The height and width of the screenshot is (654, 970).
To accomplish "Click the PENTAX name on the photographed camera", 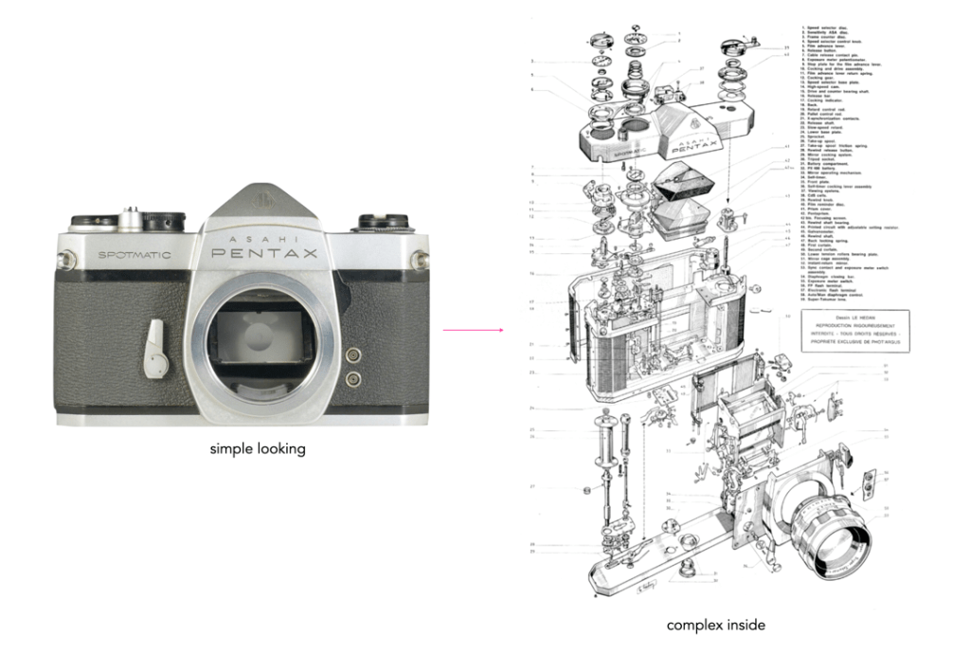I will (269, 253).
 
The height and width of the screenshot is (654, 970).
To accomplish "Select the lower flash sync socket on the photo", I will (354, 377).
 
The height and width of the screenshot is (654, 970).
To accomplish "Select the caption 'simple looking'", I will (258, 449).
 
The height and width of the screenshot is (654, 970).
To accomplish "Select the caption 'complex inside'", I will (715, 625).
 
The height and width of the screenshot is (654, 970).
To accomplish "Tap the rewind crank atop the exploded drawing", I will (742, 48).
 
